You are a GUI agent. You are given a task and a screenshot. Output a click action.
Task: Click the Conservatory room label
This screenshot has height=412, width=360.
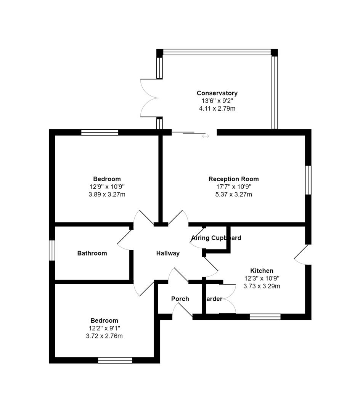click(x=217, y=93)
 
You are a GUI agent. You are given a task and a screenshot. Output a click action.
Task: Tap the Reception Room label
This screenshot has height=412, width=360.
click(x=233, y=179)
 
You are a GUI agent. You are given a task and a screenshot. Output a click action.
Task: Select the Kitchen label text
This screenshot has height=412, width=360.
click(x=262, y=271)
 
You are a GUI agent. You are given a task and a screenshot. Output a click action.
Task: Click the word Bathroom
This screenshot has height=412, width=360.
click(x=92, y=253)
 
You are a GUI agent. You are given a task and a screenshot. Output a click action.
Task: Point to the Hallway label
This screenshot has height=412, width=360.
click(x=168, y=253)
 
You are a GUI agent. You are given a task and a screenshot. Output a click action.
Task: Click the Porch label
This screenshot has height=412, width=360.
click(x=180, y=299)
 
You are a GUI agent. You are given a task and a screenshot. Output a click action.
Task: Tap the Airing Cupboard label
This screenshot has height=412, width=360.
click(x=216, y=238)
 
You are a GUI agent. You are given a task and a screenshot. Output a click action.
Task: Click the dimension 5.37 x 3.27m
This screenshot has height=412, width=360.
click(x=233, y=195)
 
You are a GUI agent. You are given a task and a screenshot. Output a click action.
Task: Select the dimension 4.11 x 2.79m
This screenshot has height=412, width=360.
click(x=217, y=109)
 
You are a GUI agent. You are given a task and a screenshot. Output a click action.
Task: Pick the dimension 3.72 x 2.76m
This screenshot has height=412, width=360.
click(x=104, y=336)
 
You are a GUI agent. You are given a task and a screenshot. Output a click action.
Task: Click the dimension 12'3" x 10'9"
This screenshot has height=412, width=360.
click(x=262, y=278)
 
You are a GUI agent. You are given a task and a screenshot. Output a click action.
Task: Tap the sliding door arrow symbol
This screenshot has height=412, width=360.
click(x=206, y=136)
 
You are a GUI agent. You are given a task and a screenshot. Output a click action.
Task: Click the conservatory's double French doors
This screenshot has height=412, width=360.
click(x=149, y=98)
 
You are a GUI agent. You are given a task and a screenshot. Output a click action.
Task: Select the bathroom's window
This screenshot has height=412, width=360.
click(x=52, y=250)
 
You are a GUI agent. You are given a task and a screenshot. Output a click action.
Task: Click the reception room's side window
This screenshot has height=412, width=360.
click(x=308, y=180)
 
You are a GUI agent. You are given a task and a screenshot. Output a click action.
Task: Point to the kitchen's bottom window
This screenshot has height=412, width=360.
click(x=265, y=317)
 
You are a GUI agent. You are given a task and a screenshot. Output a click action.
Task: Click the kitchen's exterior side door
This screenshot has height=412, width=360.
click(x=301, y=254)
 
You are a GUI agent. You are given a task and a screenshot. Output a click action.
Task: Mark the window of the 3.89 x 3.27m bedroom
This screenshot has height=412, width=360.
click(x=100, y=132)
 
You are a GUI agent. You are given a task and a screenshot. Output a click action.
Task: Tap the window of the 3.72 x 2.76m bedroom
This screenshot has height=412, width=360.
click(x=115, y=360)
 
